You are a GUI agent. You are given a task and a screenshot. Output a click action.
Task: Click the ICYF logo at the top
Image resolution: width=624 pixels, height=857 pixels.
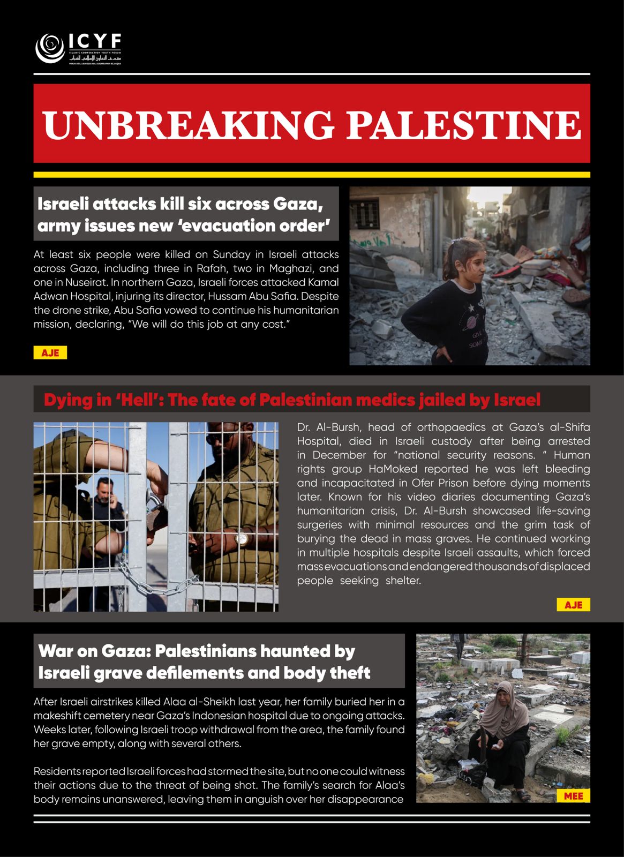(x=78, y=49)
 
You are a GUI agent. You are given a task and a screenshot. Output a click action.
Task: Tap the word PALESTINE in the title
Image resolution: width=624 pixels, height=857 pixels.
(x=464, y=125)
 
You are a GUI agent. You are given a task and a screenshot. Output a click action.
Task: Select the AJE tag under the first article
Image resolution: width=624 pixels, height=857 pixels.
(x=50, y=353)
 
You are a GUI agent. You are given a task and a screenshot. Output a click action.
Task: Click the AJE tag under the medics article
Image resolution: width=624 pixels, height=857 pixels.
(x=573, y=605)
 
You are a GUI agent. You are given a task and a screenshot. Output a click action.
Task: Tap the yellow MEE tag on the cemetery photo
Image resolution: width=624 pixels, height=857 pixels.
(x=573, y=796)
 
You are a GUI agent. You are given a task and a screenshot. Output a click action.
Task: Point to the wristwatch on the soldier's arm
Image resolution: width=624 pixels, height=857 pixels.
(x=242, y=537)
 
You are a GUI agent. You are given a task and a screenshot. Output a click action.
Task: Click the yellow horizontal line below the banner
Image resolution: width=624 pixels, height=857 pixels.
(x=312, y=175)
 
